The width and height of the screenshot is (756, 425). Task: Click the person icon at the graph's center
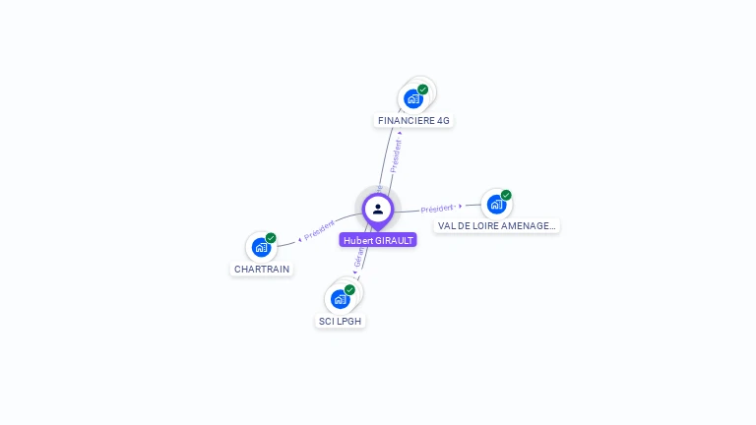pos(378,209)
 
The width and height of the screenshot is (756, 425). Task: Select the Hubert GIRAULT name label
pos(378,240)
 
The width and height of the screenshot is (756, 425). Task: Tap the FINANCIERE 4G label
pos(413,121)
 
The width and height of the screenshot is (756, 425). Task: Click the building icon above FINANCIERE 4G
pos(413,98)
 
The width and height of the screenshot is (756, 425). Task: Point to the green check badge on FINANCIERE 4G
pos(423,90)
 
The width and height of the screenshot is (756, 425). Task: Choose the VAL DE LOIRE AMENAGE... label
pos(497,225)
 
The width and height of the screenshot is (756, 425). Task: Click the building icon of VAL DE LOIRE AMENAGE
pos(496,204)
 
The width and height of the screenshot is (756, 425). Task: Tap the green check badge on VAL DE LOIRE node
pos(506,195)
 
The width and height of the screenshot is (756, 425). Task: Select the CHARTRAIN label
pos(262,269)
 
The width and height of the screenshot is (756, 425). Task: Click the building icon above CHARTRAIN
pos(261,247)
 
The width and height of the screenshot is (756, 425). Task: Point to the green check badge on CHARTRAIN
pos(271,238)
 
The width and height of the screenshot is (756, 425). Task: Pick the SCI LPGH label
pos(341,322)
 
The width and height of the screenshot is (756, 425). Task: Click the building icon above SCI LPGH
pos(340,298)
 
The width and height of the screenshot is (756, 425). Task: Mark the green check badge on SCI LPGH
pos(349,289)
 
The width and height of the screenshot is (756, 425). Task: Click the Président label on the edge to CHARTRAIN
pos(320,230)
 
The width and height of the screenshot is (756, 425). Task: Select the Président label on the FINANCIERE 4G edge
pos(397,155)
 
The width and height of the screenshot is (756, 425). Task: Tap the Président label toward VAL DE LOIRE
pos(437,209)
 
